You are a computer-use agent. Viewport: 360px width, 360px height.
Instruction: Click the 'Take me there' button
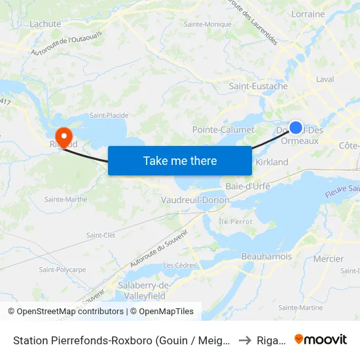[x=179, y=160]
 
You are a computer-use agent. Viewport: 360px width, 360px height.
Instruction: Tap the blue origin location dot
[x=296, y=128]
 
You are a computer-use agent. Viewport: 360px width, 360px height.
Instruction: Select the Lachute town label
[x=45, y=24]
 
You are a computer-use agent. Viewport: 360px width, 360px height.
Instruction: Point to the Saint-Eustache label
[x=258, y=86]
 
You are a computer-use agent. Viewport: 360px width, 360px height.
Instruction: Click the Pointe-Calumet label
[x=223, y=130]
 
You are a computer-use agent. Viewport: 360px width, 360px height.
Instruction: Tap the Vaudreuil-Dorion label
[x=194, y=200]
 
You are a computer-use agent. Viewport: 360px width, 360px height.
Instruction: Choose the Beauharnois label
[x=266, y=257]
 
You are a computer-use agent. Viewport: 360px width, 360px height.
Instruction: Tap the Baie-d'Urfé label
[x=247, y=187]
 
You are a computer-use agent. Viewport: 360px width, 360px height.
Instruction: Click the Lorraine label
[x=308, y=14]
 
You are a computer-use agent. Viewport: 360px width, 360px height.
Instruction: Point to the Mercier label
[x=328, y=259]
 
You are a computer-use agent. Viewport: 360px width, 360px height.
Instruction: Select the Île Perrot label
[x=236, y=222]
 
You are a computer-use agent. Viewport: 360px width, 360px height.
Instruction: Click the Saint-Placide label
[x=109, y=115]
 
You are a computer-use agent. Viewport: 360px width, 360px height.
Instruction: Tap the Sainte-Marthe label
[x=65, y=199]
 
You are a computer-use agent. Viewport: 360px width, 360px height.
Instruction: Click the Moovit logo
[x=321, y=340]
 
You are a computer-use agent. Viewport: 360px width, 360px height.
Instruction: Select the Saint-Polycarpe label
[x=62, y=270]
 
